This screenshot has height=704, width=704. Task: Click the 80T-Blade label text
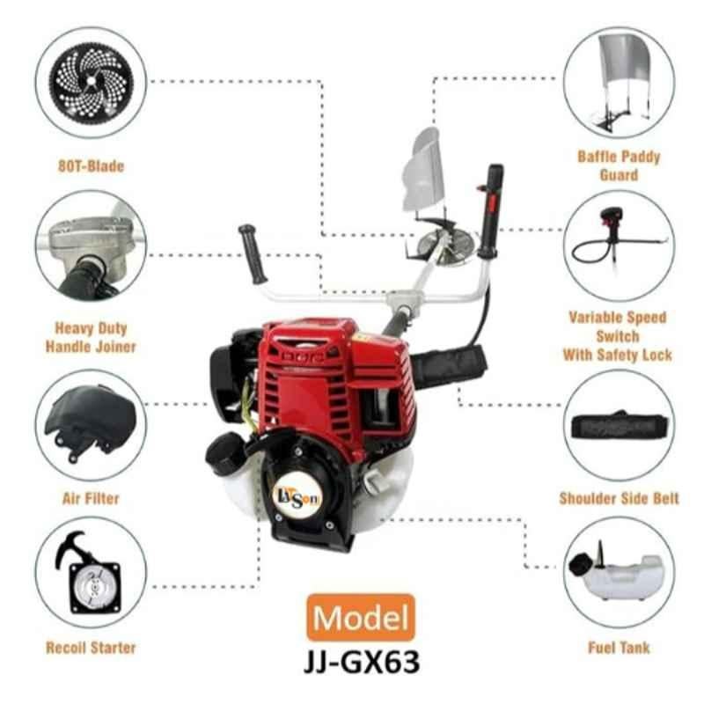coord(91,166)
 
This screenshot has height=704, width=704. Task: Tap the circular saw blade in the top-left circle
coord(92,82)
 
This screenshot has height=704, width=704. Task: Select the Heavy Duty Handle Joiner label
coord(91,337)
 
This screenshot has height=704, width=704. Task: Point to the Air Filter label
coord(91,498)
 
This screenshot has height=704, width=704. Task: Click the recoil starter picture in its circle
coord(89,573)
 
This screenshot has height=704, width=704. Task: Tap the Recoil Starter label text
coord(91,648)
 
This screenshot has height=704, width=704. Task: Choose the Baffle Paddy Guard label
coord(619,165)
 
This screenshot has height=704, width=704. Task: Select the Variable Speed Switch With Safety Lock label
coord(618,336)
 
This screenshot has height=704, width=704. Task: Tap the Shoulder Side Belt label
coord(620,498)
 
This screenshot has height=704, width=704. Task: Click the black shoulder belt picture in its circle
coord(620,426)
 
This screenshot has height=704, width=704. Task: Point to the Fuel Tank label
coord(620,648)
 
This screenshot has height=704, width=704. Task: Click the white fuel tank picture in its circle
coord(616,575)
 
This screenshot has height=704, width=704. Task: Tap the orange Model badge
coord(361,618)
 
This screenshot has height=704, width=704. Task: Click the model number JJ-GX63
coord(362,662)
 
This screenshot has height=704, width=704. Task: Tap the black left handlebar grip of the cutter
coord(253,253)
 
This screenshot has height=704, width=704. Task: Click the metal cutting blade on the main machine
coord(445,244)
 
